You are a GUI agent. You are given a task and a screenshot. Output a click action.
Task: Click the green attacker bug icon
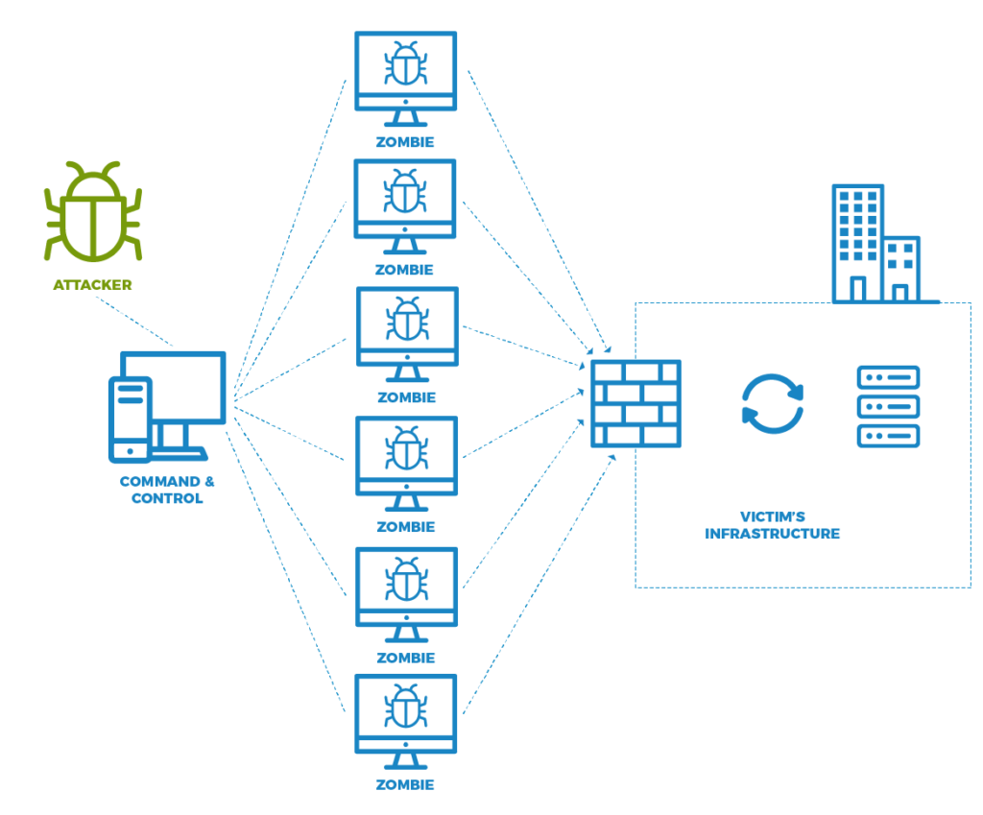[x=92, y=213]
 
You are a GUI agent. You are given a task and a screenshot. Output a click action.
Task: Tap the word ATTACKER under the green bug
[x=92, y=285]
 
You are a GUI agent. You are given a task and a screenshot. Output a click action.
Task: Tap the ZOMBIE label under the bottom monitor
[x=405, y=784]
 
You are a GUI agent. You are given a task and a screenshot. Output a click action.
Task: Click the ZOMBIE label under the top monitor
[x=405, y=141]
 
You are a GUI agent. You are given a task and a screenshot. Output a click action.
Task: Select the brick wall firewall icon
[x=635, y=403]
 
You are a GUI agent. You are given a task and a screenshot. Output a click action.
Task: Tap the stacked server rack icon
[x=888, y=405]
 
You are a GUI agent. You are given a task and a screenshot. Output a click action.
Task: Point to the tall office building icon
[x=857, y=243]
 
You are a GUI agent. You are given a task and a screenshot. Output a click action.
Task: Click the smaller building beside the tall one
[x=902, y=268]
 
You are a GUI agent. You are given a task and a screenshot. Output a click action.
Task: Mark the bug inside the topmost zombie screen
[x=406, y=65]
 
